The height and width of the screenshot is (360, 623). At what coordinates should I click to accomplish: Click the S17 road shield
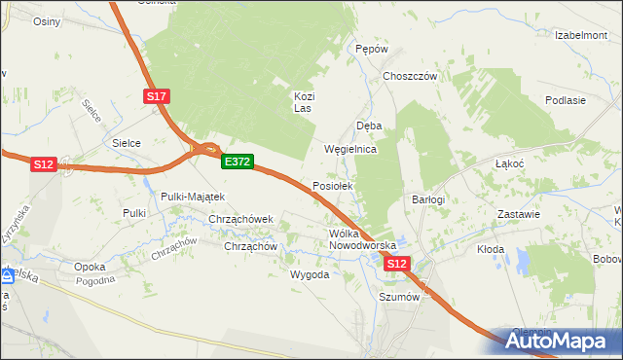[x=158, y=95]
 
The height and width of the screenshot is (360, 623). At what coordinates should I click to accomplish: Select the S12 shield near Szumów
[x=397, y=264]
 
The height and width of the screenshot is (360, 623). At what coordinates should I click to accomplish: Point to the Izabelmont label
[x=581, y=35]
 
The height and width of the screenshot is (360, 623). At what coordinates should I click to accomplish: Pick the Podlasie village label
[x=566, y=100]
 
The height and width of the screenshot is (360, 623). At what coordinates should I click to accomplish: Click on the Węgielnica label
[x=349, y=151]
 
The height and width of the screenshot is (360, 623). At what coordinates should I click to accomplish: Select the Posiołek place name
[x=338, y=185]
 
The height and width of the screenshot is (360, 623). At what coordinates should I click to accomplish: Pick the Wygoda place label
[x=310, y=274]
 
